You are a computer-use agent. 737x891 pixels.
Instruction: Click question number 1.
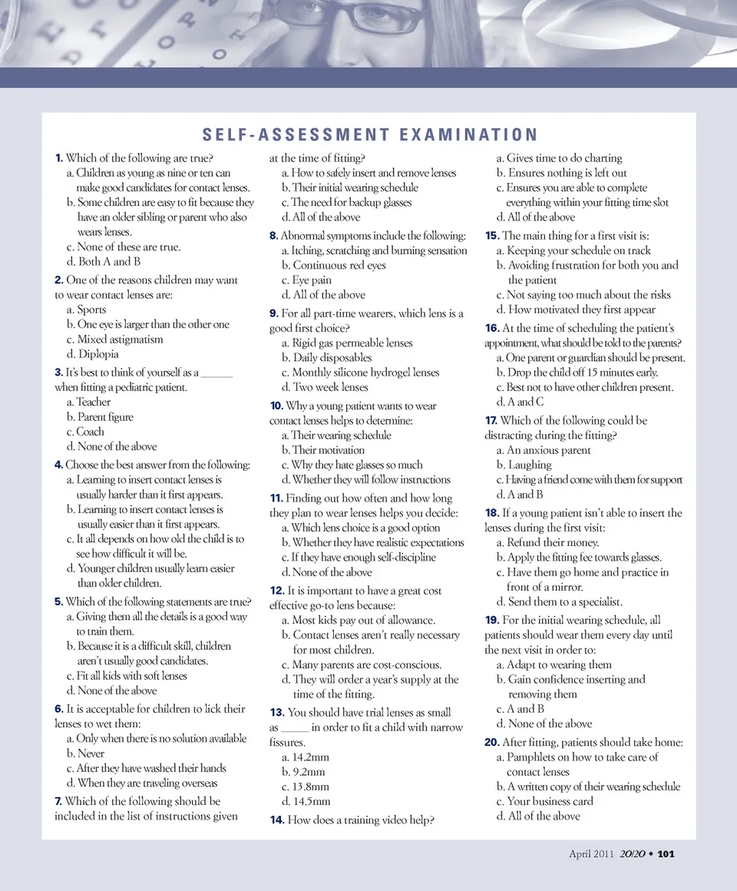pyautogui.click(x=59, y=158)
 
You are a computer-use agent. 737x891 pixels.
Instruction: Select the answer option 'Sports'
pyautogui.click(x=91, y=310)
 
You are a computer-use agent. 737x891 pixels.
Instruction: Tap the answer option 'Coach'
pyautogui.click(x=90, y=432)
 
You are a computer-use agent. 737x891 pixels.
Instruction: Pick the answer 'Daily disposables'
pyautogui.click(x=332, y=357)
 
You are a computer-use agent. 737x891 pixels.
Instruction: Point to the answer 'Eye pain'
pyautogui.click(x=312, y=280)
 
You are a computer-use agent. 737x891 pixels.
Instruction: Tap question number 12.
pyautogui.click(x=277, y=591)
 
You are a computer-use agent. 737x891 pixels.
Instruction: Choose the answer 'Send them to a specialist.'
pyautogui.click(x=559, y=601)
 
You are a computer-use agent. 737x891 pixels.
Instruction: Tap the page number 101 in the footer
pyautogui.click(x=665, y=853)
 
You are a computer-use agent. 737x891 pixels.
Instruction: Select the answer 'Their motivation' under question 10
pyautogui.click(x=328, y=450)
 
